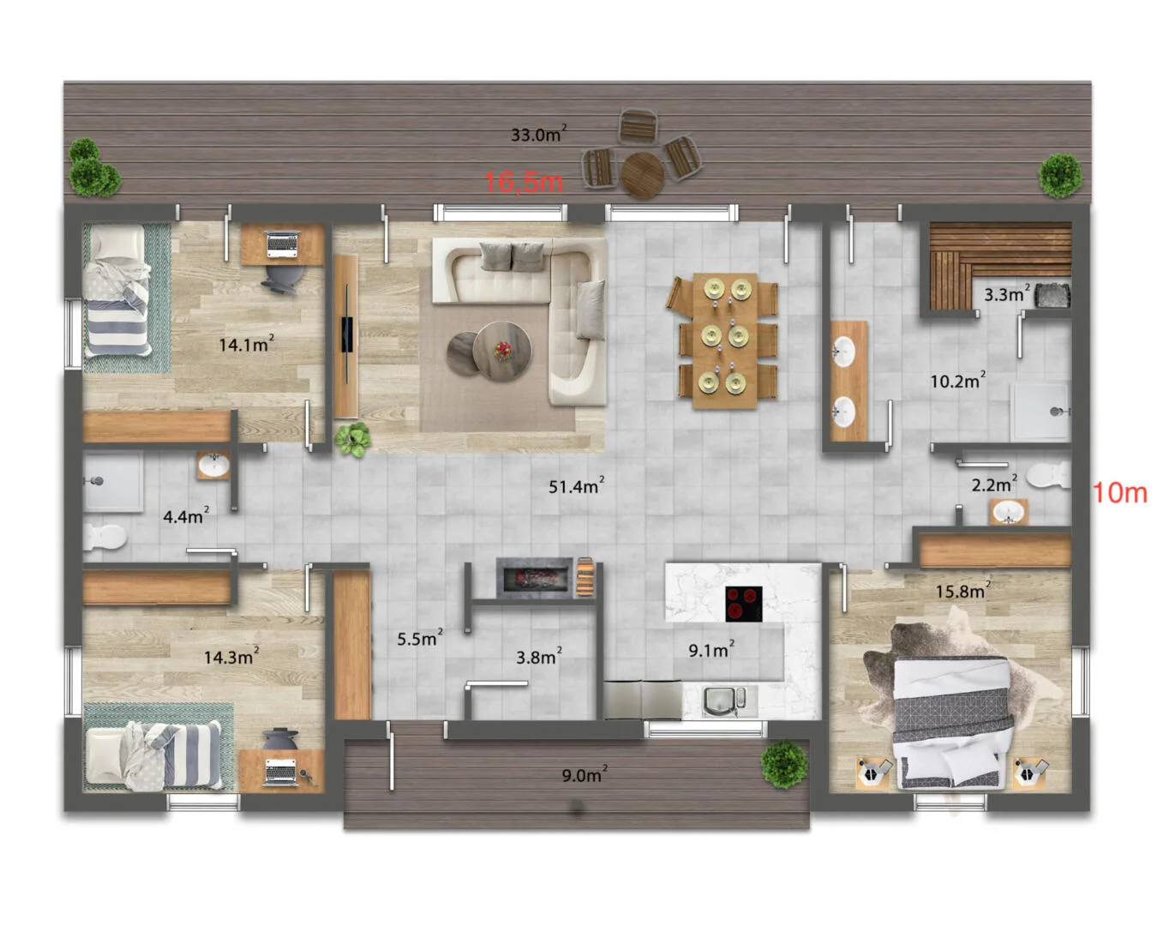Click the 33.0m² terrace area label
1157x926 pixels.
(x=538, y=134)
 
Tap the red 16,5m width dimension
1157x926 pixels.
(x=523, y=182)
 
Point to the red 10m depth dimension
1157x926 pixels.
(x=1120, y=492)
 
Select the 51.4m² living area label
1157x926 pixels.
(x=576, y=486)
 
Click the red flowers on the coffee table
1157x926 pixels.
(x=503, y=351)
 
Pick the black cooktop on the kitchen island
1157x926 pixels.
(x=744, y=604)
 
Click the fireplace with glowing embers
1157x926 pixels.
(x=535, y=579)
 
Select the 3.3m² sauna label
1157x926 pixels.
(x=1006, y=294)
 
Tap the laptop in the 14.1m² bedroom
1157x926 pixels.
(x=282, y=244)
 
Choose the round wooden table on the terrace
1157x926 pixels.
(x=642, y=174)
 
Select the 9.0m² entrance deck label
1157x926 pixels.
(x=584, y=775)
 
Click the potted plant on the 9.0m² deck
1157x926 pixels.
(x=784, y=763)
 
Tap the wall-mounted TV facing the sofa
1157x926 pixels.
(x=348, y=334)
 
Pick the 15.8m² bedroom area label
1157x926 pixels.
(x=963, y=590)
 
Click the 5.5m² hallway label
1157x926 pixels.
(x=420, y=638)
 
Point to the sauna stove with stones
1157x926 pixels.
(x=1052, y=296)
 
